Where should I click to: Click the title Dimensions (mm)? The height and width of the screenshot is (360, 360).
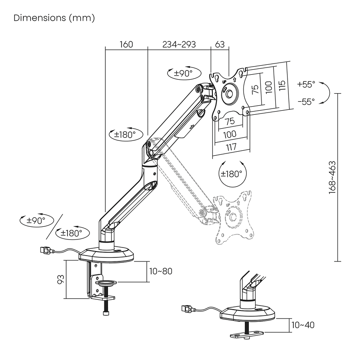(x=54, y=18)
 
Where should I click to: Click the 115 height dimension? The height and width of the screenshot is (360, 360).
(x=282, y=85)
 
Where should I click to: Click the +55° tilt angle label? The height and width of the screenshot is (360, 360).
(x=306, y=84)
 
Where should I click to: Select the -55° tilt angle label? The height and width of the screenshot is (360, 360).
(x=306, y=102)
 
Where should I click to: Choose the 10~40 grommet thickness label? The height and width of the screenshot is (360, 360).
(x=302, y=325)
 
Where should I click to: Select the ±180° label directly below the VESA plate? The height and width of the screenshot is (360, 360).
(x=231, y=173)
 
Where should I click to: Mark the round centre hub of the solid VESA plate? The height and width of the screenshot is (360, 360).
(x=230, y=94)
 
